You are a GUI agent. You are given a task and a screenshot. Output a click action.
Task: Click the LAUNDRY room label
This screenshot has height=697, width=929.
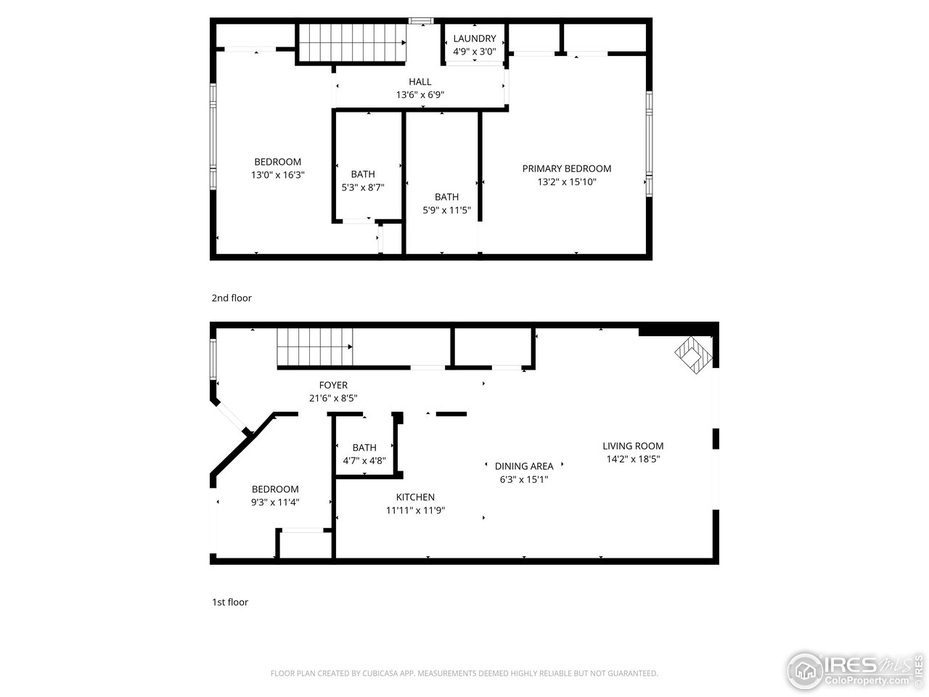pyautogui.click(x=474, y=38)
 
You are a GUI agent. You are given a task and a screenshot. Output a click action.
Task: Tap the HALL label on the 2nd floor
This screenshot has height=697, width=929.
pyautogui.click(x=420, y=82)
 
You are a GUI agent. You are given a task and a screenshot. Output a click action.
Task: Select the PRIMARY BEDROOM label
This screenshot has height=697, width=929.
pyautogui.click(x=567, y=168)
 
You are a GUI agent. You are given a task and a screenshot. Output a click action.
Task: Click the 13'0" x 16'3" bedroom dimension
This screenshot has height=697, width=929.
pyautogui.click(x=277, y=175)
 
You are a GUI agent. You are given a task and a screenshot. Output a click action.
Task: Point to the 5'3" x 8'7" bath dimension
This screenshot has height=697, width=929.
pyautogui.click(x=363, y=187)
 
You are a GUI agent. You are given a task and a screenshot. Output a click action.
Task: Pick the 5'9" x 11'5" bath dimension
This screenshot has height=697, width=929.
pyautogui.click(x=446, y=211)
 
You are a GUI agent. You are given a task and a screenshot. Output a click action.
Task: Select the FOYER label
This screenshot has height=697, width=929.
pyautogui.click(x=333, y=386)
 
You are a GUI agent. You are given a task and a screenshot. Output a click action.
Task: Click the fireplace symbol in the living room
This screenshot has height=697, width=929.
pyautogui.click(x=695, y=355)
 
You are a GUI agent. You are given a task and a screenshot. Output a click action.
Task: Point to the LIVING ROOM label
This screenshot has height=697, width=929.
pyautogui.click(x=633, y=446)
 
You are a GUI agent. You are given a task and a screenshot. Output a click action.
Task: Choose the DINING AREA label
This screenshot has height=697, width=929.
pyautogui.click(x=524, y=466)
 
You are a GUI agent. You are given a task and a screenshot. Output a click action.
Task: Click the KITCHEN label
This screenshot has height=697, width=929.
pyautogui.click(x=415, y=497)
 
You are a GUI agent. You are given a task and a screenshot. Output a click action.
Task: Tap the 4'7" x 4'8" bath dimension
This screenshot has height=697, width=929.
pyautogui.click(x=364, y=460)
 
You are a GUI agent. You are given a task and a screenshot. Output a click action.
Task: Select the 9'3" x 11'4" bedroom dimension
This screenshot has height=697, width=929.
pyautogui.click(x=275, y=502)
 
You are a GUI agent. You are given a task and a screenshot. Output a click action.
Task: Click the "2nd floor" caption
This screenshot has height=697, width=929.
pyautogui.click(x=232, y=298)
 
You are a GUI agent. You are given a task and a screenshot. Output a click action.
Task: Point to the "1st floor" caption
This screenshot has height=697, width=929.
pyautogui.click(x=230, y=602)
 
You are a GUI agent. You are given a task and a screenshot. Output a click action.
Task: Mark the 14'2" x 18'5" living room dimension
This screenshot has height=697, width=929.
pyautogui.click(x=633, y=459)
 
